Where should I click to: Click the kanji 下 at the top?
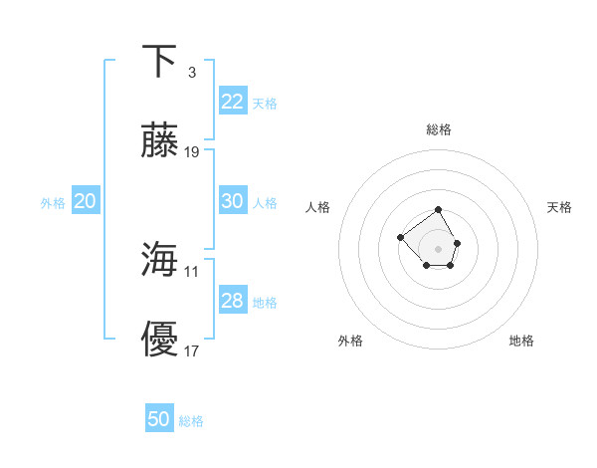click(x=160, y=61)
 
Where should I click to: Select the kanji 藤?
click(x=160, y=142)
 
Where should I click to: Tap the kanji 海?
click(x=160, y=260)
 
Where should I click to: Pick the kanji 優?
click(x=160, y=341)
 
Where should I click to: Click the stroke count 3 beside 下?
click(x=191, y=72)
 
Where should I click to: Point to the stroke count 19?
click(x=192, y=152)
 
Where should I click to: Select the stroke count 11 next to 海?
click(x=192, y=270)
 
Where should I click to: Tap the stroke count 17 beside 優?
click(x=192, y=351)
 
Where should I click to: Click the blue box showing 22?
click(x=232, y=102)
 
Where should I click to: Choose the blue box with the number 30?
click(x=232, y=201)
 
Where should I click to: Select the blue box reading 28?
click(x=232, y=301)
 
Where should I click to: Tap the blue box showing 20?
click(x=85, y=201)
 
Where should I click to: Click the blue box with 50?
click(x=159, y=419)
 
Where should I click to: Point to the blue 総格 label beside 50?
click(x=191, y=421)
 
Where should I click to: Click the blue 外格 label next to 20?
click(x=53, y=203)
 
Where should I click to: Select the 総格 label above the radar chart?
click(x=439, y=129)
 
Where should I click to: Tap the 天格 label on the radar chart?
click(x=559, y=207)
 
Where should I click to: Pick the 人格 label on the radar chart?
click(x=318, y=207)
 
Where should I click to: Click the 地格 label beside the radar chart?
click(x=521, y=341)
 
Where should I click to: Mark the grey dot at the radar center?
click(x=439, y=248)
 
